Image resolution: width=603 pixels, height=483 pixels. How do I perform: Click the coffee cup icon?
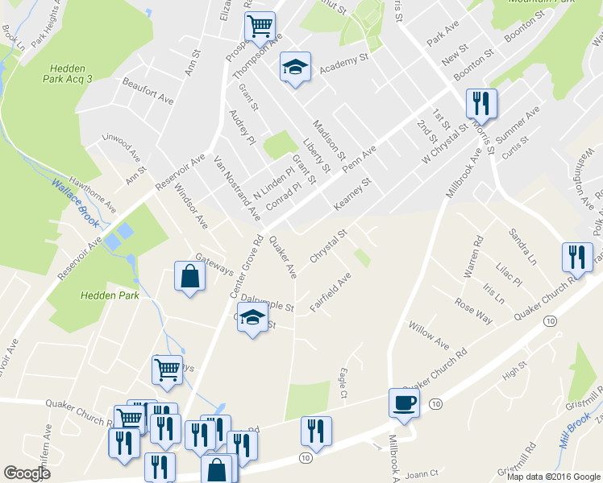[403, 402]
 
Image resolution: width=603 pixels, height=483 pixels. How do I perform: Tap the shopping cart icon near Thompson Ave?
[260, 26]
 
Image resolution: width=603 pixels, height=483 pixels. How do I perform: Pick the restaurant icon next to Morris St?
[481, 102]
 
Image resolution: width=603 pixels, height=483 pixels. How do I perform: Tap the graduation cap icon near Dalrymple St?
[252, 318]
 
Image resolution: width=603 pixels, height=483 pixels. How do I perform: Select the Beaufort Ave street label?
[148, 91]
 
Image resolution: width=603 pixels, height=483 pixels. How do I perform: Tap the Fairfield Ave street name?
[331, 293]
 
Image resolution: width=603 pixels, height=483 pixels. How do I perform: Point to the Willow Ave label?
[428, 338]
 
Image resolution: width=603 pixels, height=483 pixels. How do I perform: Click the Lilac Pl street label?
[509, 267]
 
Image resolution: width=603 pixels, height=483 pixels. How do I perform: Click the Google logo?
[27, 473]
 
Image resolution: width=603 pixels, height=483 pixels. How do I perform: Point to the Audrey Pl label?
[242, 129]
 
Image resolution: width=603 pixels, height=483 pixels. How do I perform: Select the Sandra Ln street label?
[522, 246]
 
